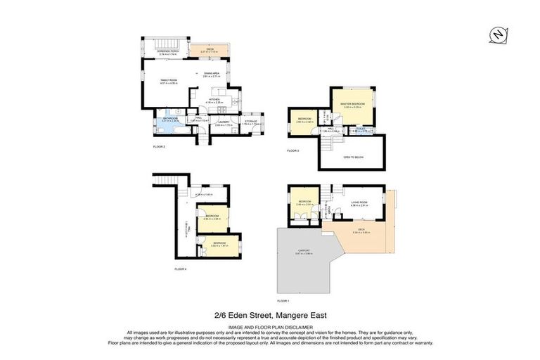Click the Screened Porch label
coord(157,52)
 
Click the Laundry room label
coord(224,122)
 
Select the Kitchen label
coord(214,101)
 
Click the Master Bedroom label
coord(352,105)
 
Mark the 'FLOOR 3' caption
coord(293,150)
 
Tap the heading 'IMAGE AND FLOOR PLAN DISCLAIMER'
coord(270,326)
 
